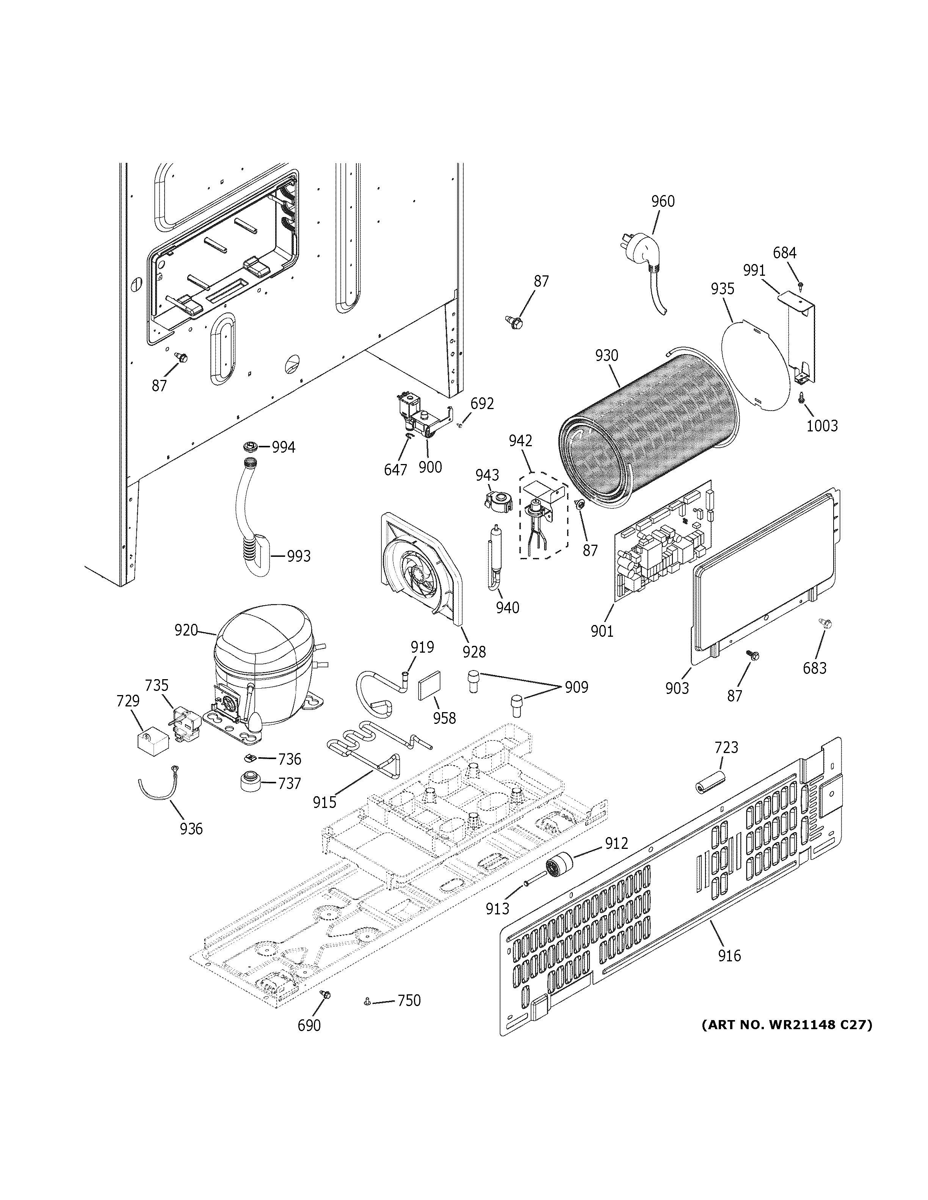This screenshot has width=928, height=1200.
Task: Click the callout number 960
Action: click(x=663, y=201)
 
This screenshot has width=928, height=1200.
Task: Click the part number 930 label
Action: click(x=607, y=356)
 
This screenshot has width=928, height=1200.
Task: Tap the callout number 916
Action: click(x=729, y=956)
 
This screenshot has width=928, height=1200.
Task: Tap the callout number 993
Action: click(x=298, y=556)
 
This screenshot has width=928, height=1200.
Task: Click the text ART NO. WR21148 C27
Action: click(x=786, y=1024)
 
